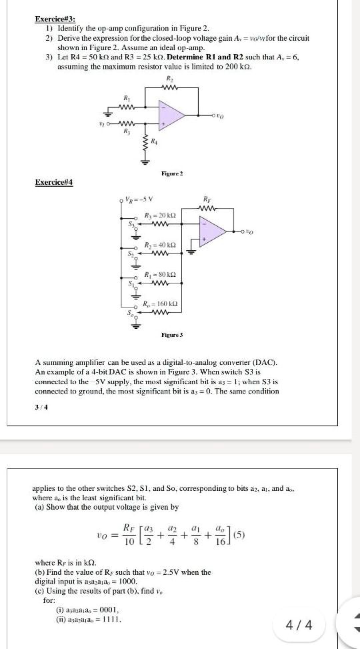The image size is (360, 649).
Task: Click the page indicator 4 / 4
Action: (295, 624)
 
